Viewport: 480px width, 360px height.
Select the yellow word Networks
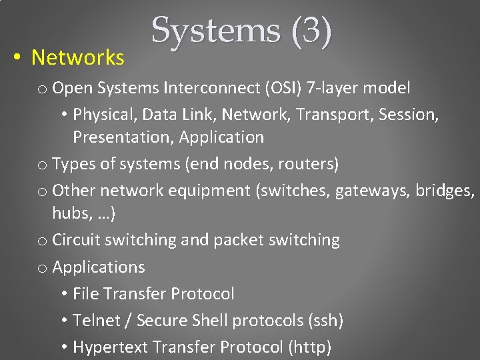coord(77,58)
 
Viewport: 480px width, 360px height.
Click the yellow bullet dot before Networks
coord(16,58)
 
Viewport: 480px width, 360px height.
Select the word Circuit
coord(76,240)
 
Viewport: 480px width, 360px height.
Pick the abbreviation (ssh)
coord(325,321)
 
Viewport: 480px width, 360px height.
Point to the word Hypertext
coord(110,347)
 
